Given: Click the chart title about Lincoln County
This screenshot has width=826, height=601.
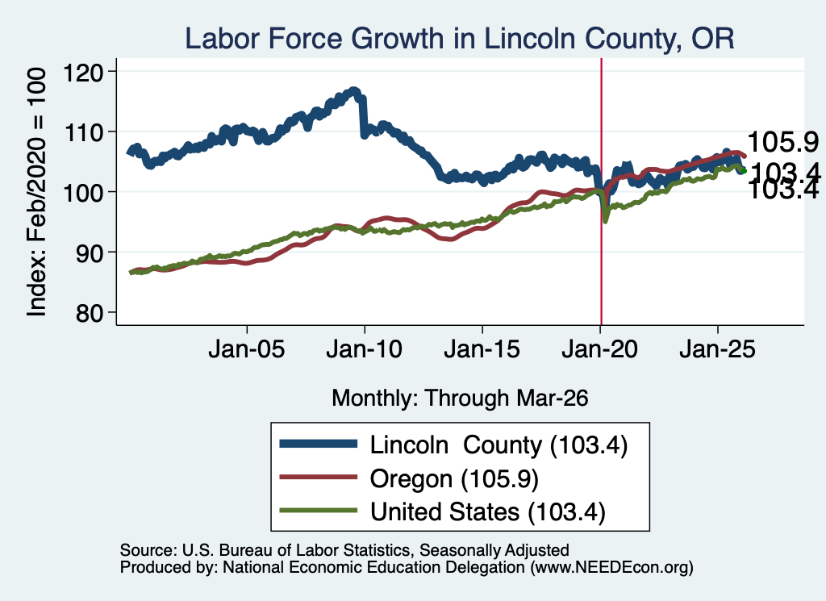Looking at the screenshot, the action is click(x=459, y=39).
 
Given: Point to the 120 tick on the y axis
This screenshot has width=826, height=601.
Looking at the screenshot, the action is click(x=83, y=72).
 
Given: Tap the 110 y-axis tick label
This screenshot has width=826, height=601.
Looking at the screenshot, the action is click(x=83, y=132).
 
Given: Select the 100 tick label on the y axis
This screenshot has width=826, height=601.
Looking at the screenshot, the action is click(x=83, y=192).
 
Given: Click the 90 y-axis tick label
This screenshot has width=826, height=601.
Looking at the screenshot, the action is click(x=90, y=253).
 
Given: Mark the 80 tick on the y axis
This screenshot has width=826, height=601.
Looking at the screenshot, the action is click(x=90, y=313).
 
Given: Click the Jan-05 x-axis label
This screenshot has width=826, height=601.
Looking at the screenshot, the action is click(x=247, y=349).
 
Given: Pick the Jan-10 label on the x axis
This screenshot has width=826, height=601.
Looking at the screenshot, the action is click(x=365, y=349).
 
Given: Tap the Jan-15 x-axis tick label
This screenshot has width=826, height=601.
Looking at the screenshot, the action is click(x=482, y=349).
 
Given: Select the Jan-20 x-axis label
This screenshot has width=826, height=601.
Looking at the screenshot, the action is click(x=600, y=349).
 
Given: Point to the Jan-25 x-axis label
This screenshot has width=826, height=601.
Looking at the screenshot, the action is click(x=717, y=349).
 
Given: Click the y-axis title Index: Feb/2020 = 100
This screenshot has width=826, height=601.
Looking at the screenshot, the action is click(x=36, y=192).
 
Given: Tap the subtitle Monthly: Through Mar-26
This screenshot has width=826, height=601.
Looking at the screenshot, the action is click(x=460, y=399).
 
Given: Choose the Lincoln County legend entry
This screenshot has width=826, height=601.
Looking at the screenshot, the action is click(x=453, y=444).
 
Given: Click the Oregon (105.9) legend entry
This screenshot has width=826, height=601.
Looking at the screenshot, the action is click(x=409, y=479).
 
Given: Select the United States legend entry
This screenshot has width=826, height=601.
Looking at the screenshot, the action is click(x=443, y=511).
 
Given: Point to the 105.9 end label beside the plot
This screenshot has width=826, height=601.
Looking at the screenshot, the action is click(x=782, y=142).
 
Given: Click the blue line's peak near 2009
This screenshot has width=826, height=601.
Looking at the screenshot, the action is click(x=354, y=92).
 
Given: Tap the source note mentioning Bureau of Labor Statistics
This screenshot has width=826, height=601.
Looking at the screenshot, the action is click(x=344, y=550).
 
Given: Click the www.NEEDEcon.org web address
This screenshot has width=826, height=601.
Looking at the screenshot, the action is click(x=611, y=567).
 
